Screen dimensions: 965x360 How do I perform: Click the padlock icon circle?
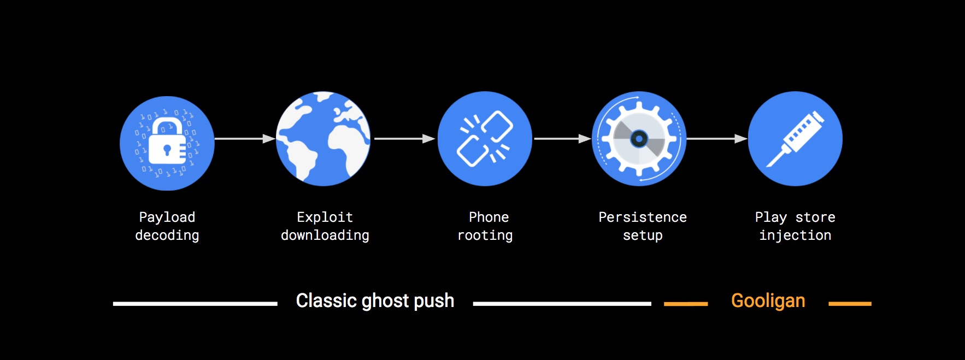(x=167, y=144)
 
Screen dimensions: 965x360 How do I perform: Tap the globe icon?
(x=323, y=139)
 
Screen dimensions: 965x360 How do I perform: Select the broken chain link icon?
(x=485, y=139)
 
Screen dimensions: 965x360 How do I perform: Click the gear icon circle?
(x=639, y=139)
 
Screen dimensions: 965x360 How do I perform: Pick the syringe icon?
(x=795, y=139)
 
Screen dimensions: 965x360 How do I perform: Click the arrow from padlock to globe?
(x=245, y=139)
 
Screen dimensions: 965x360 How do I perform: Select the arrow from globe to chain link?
(x=404, y=139)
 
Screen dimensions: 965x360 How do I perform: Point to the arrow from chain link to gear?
(x=562, y=139)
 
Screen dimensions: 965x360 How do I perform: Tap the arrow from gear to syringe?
(x=717, y=139)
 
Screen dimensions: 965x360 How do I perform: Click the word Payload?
(x=167, y=217)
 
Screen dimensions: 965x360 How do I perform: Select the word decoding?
(x=167, y=235)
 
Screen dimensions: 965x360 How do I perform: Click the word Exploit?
(x=325, y=217)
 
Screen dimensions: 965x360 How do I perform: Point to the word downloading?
(x=325, y=235)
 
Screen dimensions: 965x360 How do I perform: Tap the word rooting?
(x=485, y=235)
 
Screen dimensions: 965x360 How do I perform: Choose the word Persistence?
(x=643, y=217)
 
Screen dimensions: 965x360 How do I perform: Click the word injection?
(x=795, y=235)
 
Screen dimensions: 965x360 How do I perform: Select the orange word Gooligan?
(x=768, y=301)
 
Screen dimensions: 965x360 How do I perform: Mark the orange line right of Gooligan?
(x=850, y=304)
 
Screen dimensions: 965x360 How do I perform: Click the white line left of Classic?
(x=195, y=304)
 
